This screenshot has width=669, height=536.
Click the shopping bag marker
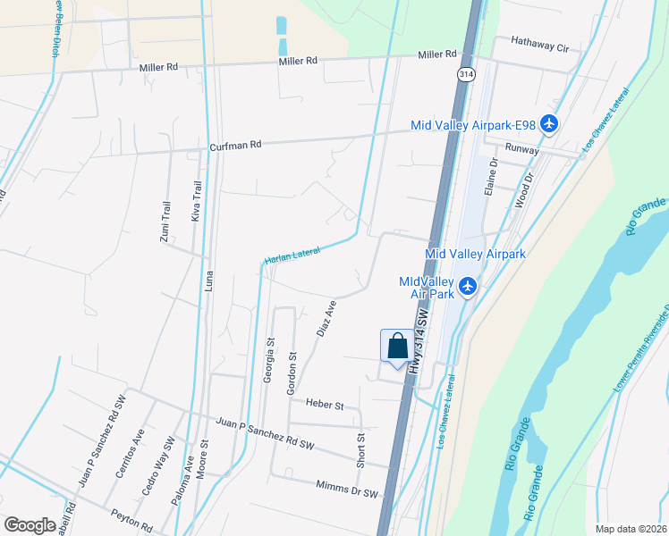tap(397, 347)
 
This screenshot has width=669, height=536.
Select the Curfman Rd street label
tap(235, 145)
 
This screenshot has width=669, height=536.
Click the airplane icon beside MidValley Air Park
tap(467, 287)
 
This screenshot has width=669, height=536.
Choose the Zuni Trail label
tap(165, 221)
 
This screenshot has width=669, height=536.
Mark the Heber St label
tap(325, 405)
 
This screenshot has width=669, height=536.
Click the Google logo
tap(30, 524)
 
